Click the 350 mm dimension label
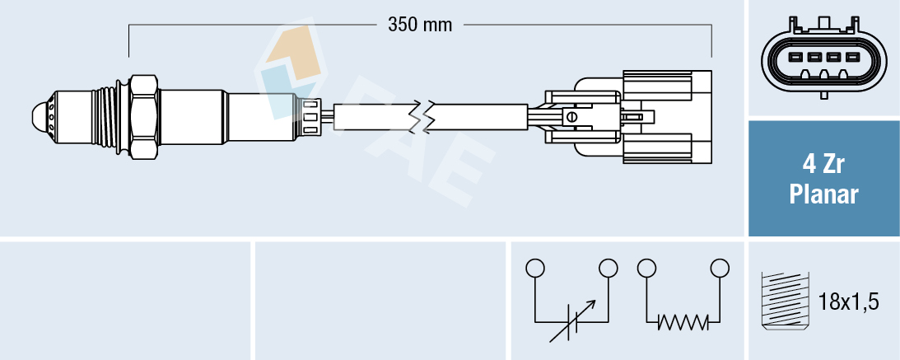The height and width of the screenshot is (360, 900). tap(420, 25)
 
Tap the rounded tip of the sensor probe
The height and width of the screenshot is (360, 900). tap(40, 116)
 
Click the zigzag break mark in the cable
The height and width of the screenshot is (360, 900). tap(427, 117)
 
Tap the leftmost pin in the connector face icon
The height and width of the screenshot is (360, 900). tap(795, 58)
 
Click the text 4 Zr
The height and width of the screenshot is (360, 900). tap(823, 165)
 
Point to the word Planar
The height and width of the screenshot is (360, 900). tap(823, 194)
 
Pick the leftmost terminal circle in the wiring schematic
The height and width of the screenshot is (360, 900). tap(535, 268)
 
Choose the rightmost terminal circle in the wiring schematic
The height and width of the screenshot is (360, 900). tap(720, 268)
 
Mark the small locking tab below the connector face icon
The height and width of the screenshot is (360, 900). tap(823, 95)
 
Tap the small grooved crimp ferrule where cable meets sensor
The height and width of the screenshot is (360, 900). tap(310, 116)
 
